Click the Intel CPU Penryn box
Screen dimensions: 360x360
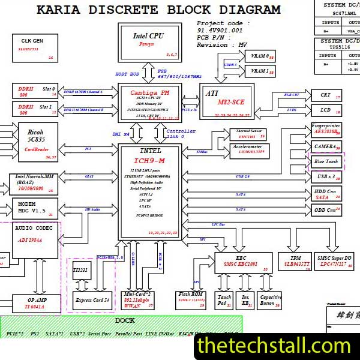[x=148, y=43]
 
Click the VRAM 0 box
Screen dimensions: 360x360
[x=260, y=56]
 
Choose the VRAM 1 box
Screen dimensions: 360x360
[x=260, y=71]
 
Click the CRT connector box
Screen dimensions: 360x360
[x=326, y=95]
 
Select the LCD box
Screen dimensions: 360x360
[x=326, y=110]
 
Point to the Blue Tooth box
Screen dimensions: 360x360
[x=326, y=162]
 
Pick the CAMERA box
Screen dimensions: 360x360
[x=326, y=146]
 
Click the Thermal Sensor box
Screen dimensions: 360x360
[x=250, y=133]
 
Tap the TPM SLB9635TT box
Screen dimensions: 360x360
[x=296, y=262]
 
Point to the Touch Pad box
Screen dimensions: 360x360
[x=224, y=300]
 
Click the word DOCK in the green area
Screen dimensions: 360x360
[x=125, y=320]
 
